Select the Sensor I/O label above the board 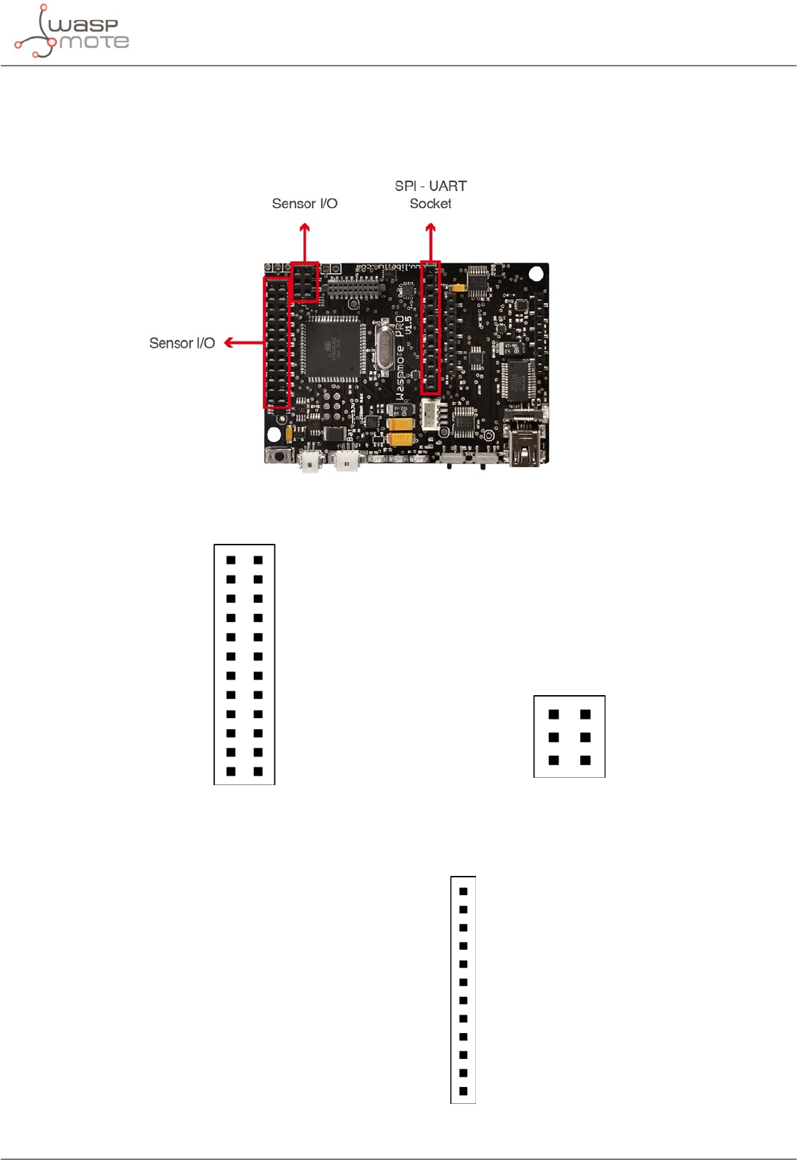point(304,204)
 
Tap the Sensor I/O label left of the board point(182,343)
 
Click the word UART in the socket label point(448,186)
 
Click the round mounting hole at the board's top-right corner point(536,274)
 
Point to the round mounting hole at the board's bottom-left point(274,434)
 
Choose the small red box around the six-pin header point(305,282)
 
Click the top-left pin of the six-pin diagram point(553,714)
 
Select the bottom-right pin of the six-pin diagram point(585,760)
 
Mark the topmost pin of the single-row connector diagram point(463,891)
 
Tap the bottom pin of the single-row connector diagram point(463,1091)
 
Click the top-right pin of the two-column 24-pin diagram point(258,560)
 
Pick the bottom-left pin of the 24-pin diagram point(231,771)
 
